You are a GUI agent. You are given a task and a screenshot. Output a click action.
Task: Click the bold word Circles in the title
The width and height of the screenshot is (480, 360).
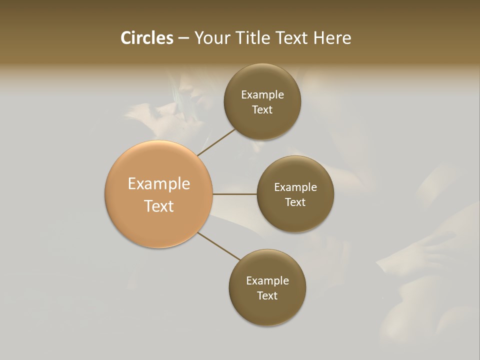[x=146, y=38]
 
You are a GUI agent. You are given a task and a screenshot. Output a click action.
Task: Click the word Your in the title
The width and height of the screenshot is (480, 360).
[x=212, y=38]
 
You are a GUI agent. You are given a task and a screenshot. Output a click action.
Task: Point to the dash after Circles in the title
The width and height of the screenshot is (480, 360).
[x=183, y=38]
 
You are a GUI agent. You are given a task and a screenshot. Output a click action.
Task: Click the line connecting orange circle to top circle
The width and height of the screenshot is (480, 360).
[x=216, y=142]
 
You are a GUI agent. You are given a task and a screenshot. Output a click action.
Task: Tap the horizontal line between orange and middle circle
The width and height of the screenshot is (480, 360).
[x=234, y=194]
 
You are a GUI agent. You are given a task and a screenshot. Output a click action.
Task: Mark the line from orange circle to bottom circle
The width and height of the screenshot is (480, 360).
[x=219, y=246]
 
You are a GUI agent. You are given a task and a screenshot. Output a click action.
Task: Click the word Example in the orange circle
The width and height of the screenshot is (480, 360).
[x=158, y=184]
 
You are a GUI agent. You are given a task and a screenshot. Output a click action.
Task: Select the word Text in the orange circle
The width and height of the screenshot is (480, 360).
[x=158, y=206]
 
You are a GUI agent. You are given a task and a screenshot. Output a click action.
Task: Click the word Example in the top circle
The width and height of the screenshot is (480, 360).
[x=262, y=95]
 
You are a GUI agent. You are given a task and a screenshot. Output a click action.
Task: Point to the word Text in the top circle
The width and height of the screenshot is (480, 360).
[x=262, y=110]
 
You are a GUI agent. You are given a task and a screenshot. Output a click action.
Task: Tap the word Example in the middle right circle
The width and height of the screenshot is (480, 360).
[x=295, y=187]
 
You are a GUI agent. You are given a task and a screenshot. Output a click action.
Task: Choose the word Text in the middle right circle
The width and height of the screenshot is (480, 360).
[x=295, y=202]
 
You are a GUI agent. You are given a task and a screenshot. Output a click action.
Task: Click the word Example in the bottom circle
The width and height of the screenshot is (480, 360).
[x=267, y=281]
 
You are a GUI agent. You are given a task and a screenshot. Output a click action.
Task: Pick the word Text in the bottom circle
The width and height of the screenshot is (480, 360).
[x=267, y=296]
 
